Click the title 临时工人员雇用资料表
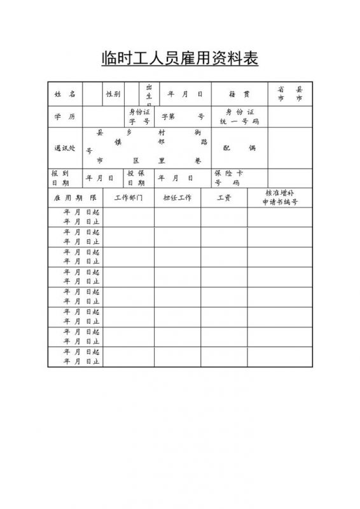[x=180, y=59]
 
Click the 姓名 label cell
[x=65, y=94]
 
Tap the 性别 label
[x=113, y=94]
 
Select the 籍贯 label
[x=239, y=94]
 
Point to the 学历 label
[x=65, y=116]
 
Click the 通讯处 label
[x=65, y=148]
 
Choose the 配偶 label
[x=239, y=148]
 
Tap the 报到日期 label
[x=61, y=178]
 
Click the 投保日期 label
[x=136, y=178]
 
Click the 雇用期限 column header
[x=75, y=198]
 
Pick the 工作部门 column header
[x=128, y=198]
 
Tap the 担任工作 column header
[x=177, y=198]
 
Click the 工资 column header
[x=224, y=198]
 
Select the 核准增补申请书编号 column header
[x=280, y=198]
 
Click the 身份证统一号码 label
[x=239, y=116]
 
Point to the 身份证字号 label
[x=139, y=116]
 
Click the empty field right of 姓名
[x=92, y=94]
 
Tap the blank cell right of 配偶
[x=290, y=148]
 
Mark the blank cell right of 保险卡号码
[x=290, y=178]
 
